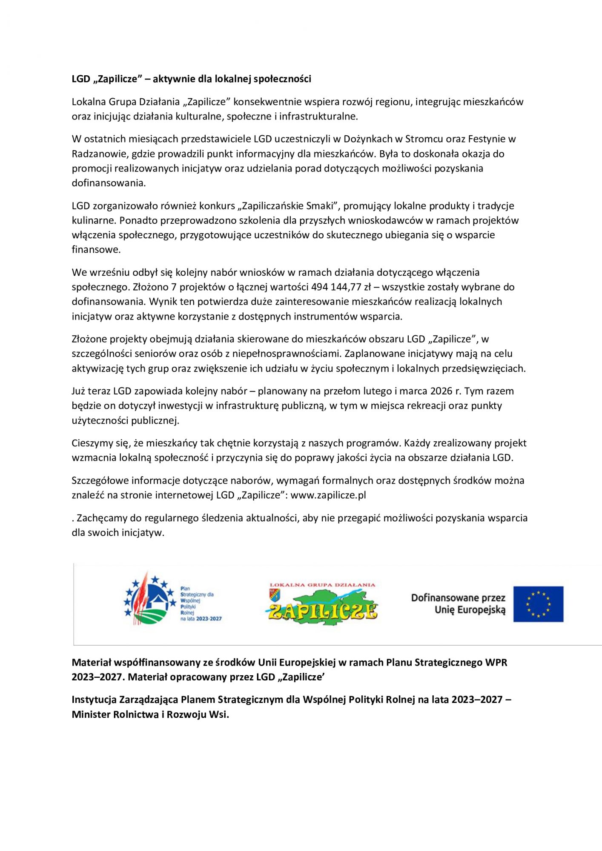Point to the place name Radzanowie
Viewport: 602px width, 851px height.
point(98,154)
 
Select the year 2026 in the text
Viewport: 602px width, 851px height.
point(441,391)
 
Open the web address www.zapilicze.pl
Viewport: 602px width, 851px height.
point(328,495)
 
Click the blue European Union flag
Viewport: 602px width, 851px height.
point(538,604)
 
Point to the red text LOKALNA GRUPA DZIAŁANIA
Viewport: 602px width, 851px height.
point(322,585)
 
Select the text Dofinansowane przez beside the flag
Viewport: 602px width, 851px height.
point(458,598)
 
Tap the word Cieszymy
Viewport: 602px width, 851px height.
point(92,443)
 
